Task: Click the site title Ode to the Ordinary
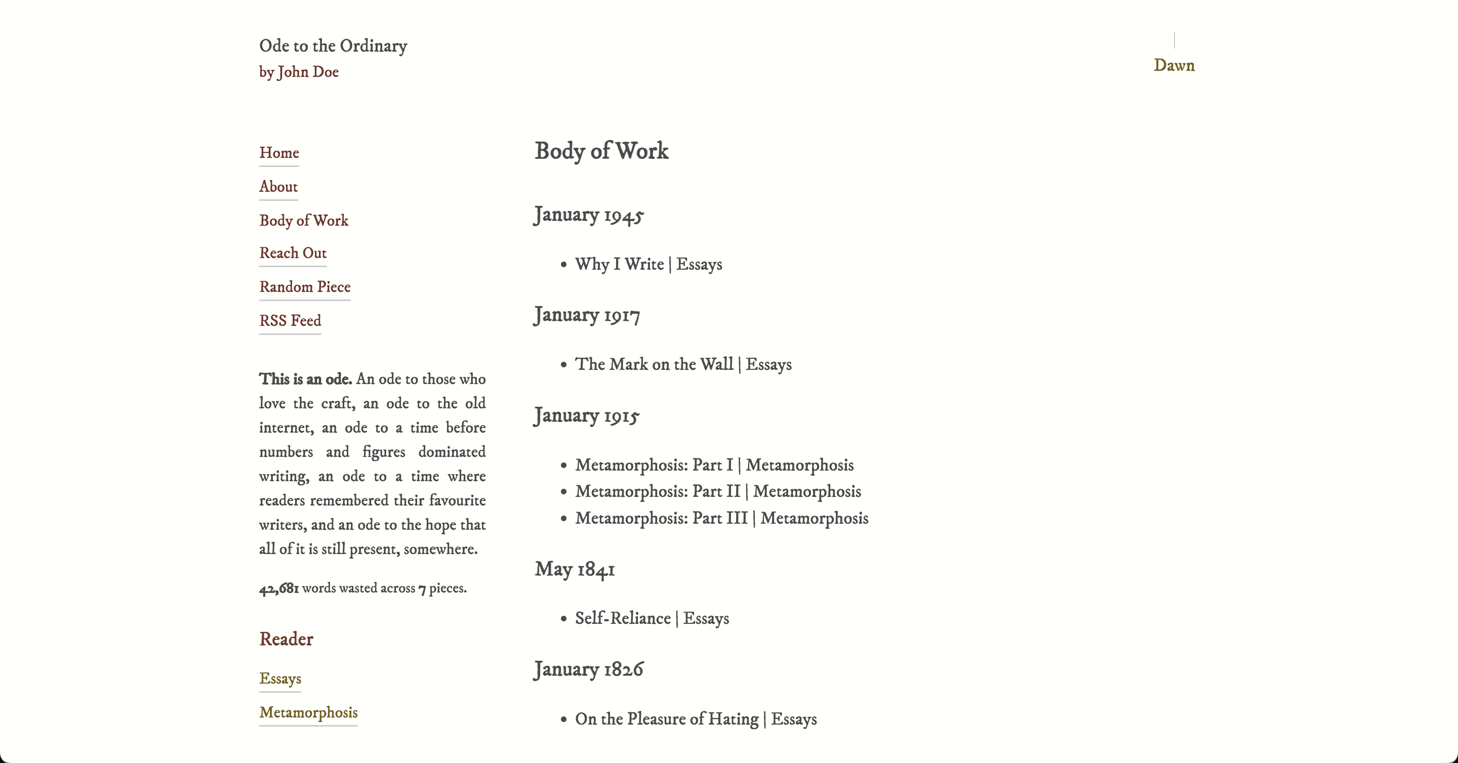[333, 46]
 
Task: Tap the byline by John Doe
[299, 72]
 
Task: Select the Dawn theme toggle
[1174, 66]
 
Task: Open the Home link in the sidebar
[279, 153]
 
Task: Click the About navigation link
[278, 187]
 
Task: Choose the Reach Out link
[293, 253]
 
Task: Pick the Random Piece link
[304, 287]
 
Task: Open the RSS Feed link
[290, 321]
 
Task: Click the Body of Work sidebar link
[303, 221]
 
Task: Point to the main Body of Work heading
[601, 151]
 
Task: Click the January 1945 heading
[589, 215]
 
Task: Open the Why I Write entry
[619, 264]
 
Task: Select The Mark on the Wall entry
[654, 364]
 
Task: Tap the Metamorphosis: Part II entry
[657, 491]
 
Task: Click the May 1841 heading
[575, 569]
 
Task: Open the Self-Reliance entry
[623, 618]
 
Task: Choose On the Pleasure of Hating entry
[666, 719]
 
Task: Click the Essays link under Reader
[280, 679]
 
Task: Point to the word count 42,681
[279, 589]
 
